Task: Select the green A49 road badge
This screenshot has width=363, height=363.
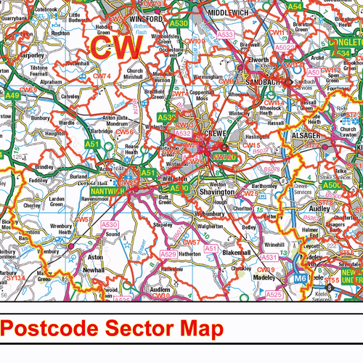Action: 12,94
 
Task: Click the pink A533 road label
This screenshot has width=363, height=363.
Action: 226,34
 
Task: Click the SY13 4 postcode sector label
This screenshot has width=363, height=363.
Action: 16,277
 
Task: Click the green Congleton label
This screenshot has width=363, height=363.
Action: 344,43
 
